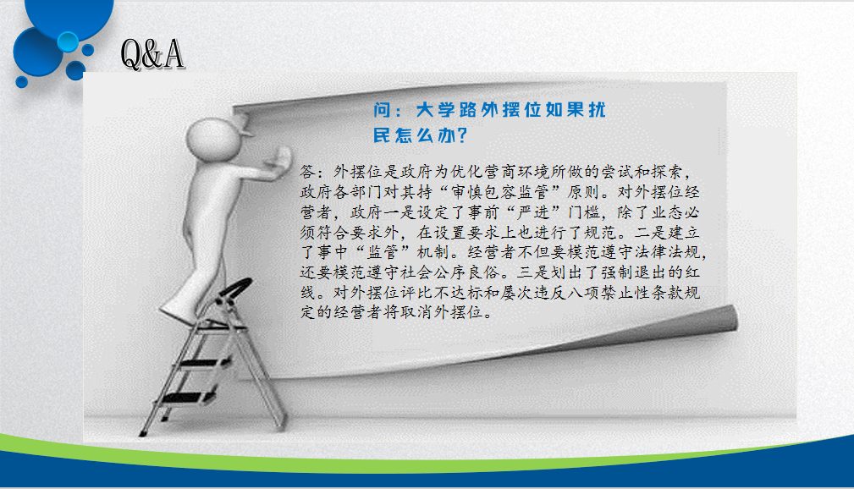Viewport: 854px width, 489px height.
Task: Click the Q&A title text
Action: pos(152,54)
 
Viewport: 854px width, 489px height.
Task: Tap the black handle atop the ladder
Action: pos(235,288)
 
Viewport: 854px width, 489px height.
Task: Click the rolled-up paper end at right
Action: pos(724,319)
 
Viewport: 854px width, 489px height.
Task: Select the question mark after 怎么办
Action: pos(462,135)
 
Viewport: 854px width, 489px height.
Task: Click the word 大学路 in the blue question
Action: pos(447,109)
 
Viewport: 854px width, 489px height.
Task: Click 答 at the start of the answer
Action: pos(308,172)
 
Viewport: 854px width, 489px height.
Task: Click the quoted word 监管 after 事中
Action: pos(383,252)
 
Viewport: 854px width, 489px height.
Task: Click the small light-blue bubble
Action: pos(68,42)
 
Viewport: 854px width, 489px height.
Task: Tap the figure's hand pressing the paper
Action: pos(278,159)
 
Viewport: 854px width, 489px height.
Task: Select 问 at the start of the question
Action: pos(382,109)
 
